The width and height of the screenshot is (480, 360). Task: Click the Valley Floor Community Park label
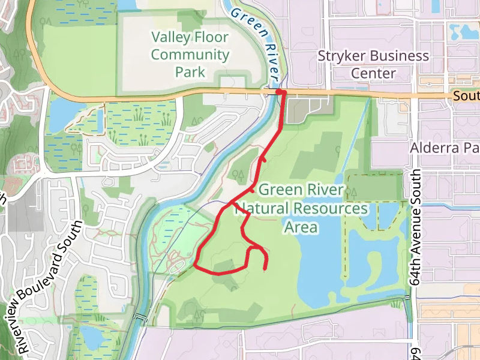click(x=190, y=55)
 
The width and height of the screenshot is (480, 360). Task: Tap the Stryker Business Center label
click(x=373, y=65)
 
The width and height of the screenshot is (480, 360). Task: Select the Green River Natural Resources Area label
click(x=301, y=209)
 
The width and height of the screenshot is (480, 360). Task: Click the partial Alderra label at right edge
click(x=445, y=148)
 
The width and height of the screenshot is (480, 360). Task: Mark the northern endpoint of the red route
click(x=280, y=91)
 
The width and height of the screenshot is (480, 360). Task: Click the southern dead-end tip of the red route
click(x=265, y=268)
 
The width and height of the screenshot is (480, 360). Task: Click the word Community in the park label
click(x=190, y=55)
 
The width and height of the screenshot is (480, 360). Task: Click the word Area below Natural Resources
click(x=301, y=227)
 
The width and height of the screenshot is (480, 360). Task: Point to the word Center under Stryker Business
click(x=373, y=73)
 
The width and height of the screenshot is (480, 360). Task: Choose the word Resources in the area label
click(x=331, y=209)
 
